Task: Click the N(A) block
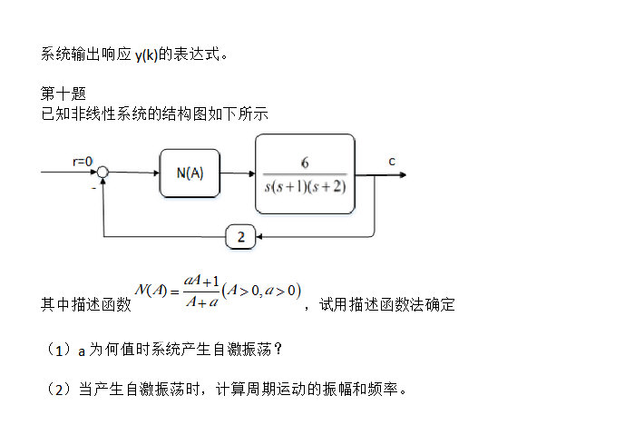(190, 173)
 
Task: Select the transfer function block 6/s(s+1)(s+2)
(305, 173)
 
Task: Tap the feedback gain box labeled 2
(240, 237)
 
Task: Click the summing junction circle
(103, 173)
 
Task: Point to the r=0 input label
(83, 161)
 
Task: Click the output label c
(392, 161)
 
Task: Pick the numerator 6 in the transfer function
(305, 163)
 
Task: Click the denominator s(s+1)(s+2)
(305, 186)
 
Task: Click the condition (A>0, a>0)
(260, 291)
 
